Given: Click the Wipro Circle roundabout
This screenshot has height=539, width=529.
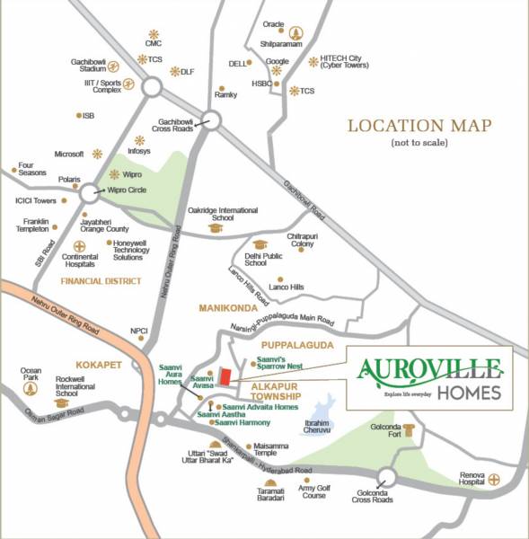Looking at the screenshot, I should click(91, 192).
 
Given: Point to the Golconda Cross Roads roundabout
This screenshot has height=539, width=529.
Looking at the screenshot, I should click(388, 477).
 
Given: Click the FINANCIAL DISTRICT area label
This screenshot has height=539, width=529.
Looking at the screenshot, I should click(101, 281).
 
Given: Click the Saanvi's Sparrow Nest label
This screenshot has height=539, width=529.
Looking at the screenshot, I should click(280, 362).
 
